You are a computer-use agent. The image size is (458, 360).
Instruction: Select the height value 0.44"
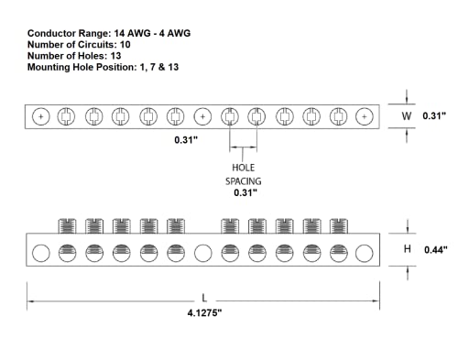435,250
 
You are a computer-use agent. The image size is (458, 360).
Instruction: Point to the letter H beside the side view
409,250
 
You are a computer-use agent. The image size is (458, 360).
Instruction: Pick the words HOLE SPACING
243,174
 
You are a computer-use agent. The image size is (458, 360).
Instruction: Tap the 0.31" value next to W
434,116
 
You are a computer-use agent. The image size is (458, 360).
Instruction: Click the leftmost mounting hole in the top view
39,116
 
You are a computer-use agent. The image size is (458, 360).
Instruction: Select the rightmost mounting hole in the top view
365,116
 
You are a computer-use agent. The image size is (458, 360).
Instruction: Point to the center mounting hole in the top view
202,116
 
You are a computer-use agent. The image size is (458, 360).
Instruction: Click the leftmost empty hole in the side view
39,253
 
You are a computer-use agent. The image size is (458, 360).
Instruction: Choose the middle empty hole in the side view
202,253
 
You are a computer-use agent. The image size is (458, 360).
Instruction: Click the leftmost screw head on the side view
66,225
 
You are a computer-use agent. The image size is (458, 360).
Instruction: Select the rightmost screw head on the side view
338,225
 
